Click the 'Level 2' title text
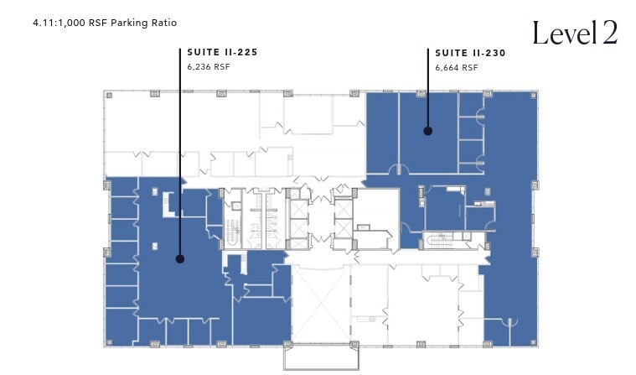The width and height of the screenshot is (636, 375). click(x=575, y=33)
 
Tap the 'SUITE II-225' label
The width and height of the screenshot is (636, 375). click(x=222, y=52)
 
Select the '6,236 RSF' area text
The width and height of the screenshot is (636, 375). click(x=208, y=66)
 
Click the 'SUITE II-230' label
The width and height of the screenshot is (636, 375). click(x=470, y=52)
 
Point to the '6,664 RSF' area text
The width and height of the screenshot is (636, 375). click(x=457, y=67)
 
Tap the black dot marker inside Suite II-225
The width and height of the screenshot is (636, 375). click(x=180, y=259)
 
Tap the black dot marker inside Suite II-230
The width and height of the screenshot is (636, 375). click(x=427, y=131)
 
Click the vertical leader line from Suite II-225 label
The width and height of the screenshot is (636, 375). click(x=180, y=151)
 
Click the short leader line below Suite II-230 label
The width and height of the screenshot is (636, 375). click(x=427, y=84)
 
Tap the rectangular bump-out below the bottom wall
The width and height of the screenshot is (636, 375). click(x=320, y=357)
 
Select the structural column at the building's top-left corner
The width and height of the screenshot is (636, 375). click(x=107, y=93)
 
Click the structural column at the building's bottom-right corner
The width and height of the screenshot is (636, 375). click(x=533, y=343)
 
